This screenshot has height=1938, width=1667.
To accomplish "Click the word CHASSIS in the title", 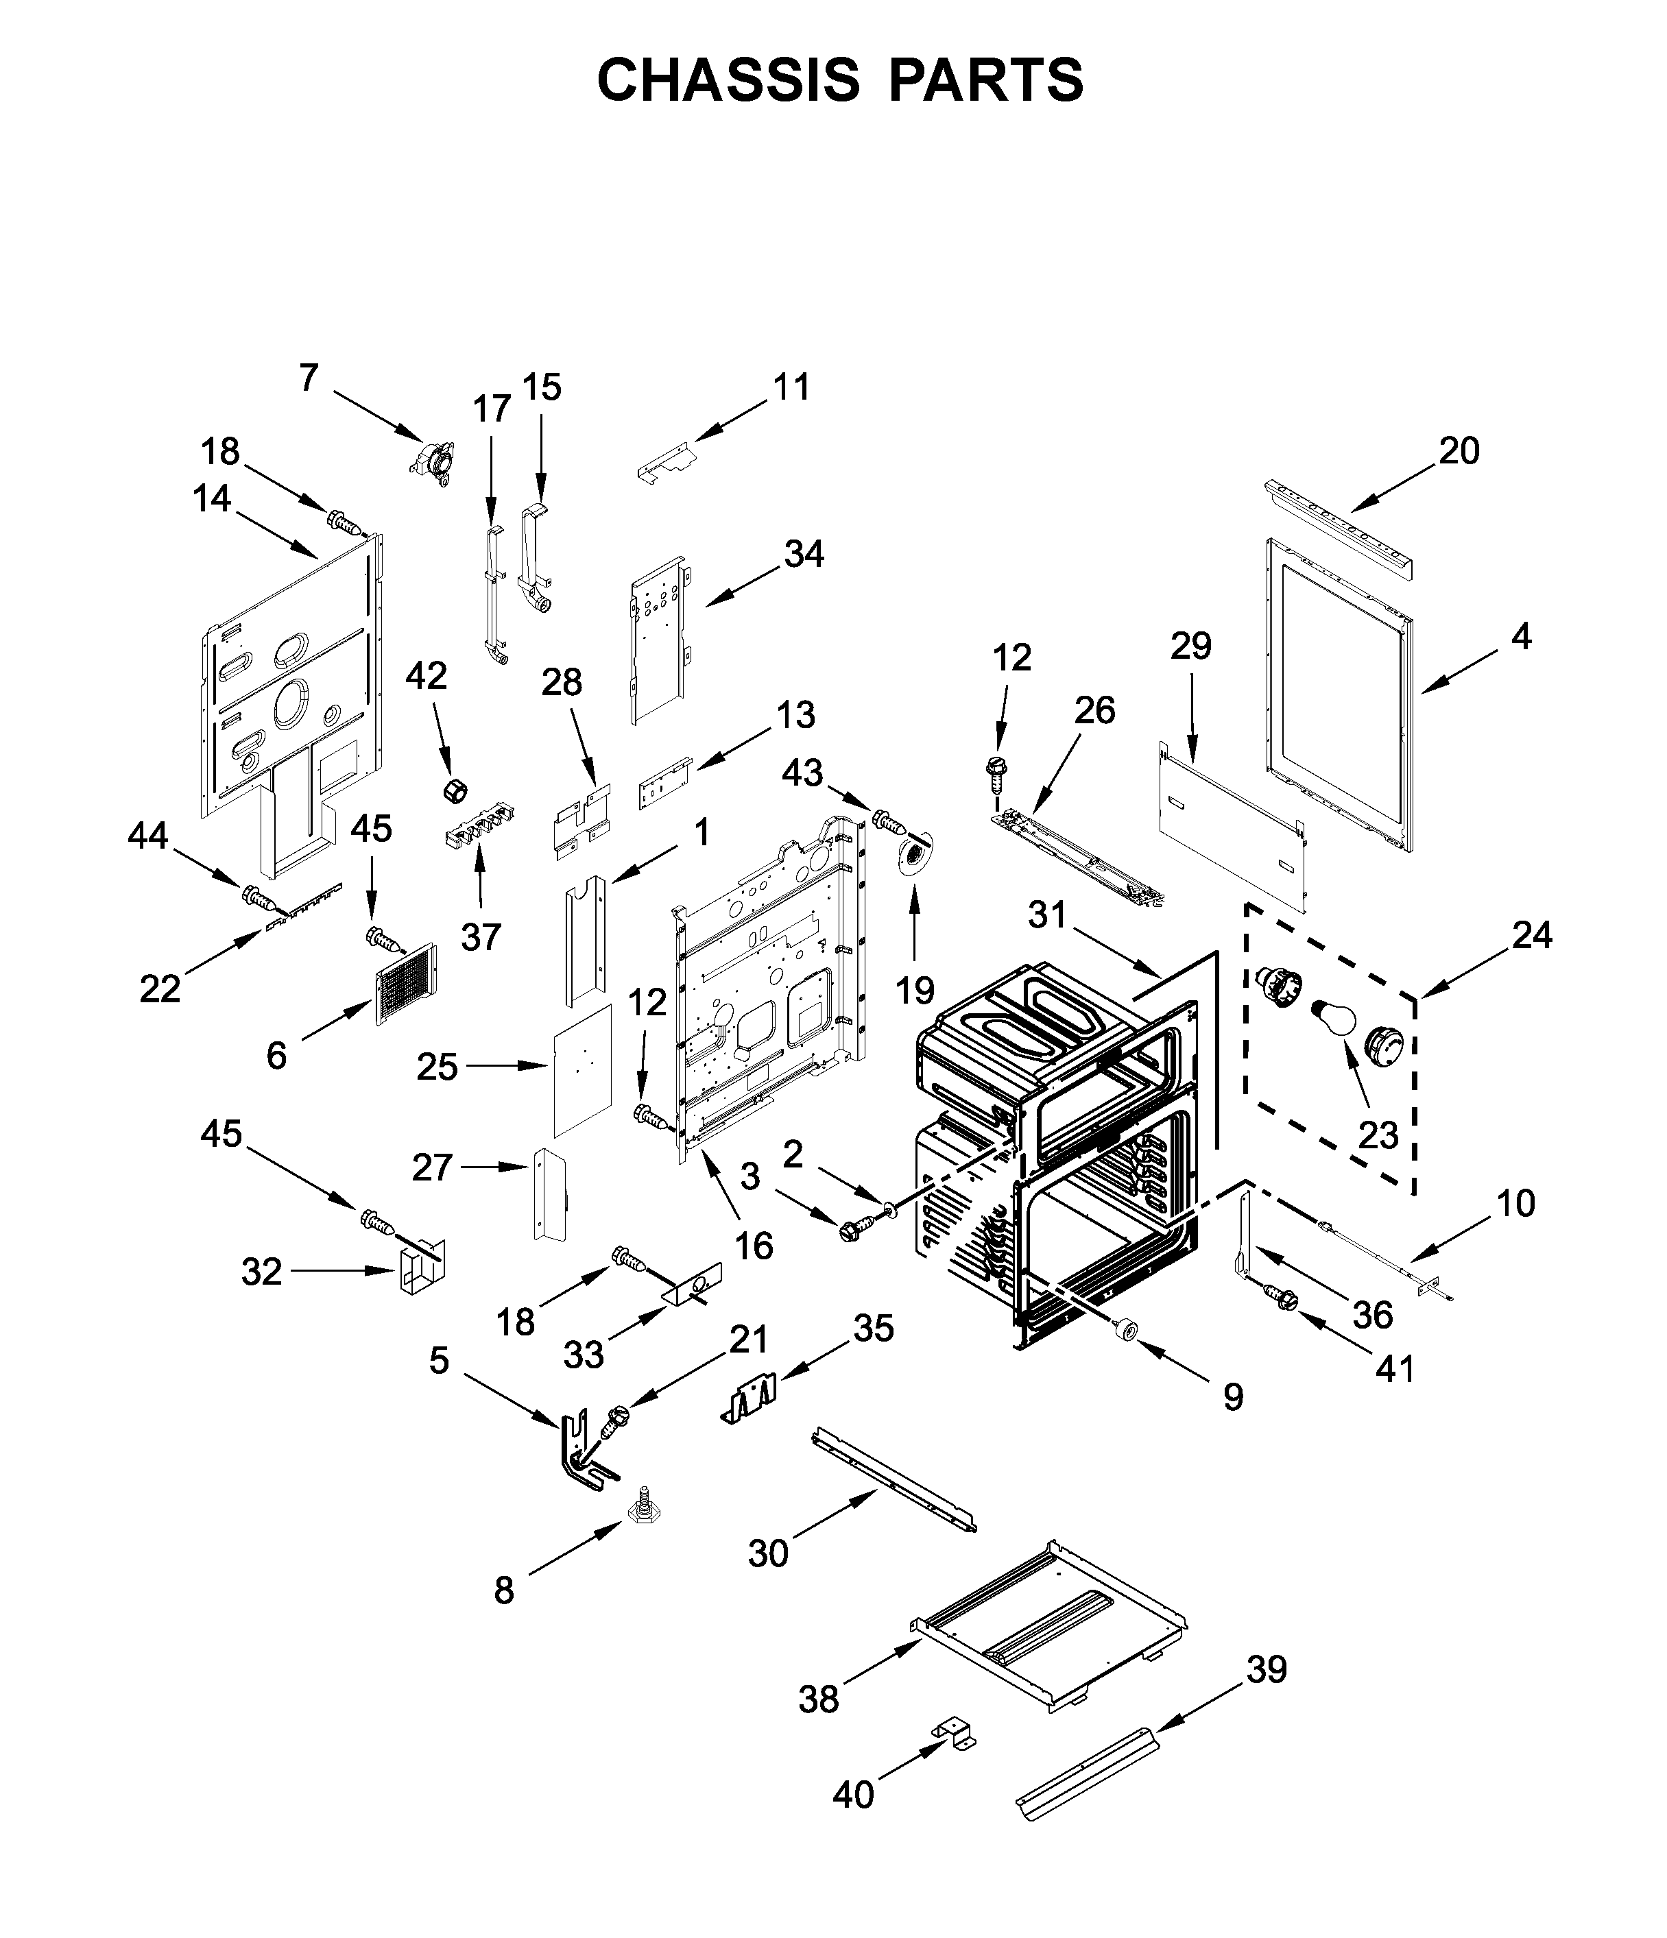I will (728, 80).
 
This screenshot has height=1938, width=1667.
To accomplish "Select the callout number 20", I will (1459, 451).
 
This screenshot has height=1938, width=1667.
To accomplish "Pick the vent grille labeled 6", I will (406, 983).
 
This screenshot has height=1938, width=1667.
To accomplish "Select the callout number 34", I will (804, 554).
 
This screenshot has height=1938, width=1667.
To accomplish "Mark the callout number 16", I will (754, 1245).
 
